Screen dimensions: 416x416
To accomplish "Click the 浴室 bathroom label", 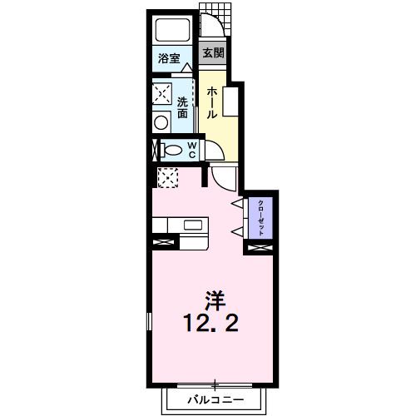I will pyautogui.click(x=170, y=58).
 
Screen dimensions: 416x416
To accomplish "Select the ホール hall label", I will pyautogui.click(x=212, y=102).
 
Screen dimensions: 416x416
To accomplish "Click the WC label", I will pyautogui.click(x=191, y=151).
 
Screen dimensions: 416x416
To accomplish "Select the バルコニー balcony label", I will pyautogui.click(x=215, y=401).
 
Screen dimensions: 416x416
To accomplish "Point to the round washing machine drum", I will pyautogui.click(x=162, y=121).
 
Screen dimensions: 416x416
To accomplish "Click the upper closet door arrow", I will pyautogui.click(x=238, y=203).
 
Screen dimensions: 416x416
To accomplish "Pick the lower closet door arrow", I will pyautogui.click(x=238, y=230).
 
